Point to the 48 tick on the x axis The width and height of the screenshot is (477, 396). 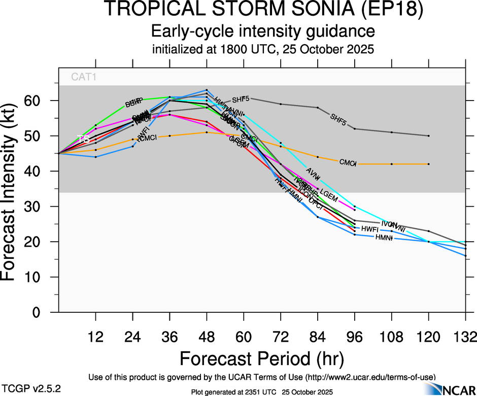click(207, 336)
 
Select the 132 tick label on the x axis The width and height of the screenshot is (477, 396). click(465, 336)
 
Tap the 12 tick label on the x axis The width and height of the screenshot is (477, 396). click(95, 336)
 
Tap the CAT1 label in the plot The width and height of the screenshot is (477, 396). click(84, 77)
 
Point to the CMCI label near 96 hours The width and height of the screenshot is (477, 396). click(348, 162)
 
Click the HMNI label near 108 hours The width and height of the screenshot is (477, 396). click(384, 238)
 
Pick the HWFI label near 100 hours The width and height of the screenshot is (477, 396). click(370, 229)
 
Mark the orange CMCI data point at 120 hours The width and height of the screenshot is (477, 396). click(429, 164)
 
